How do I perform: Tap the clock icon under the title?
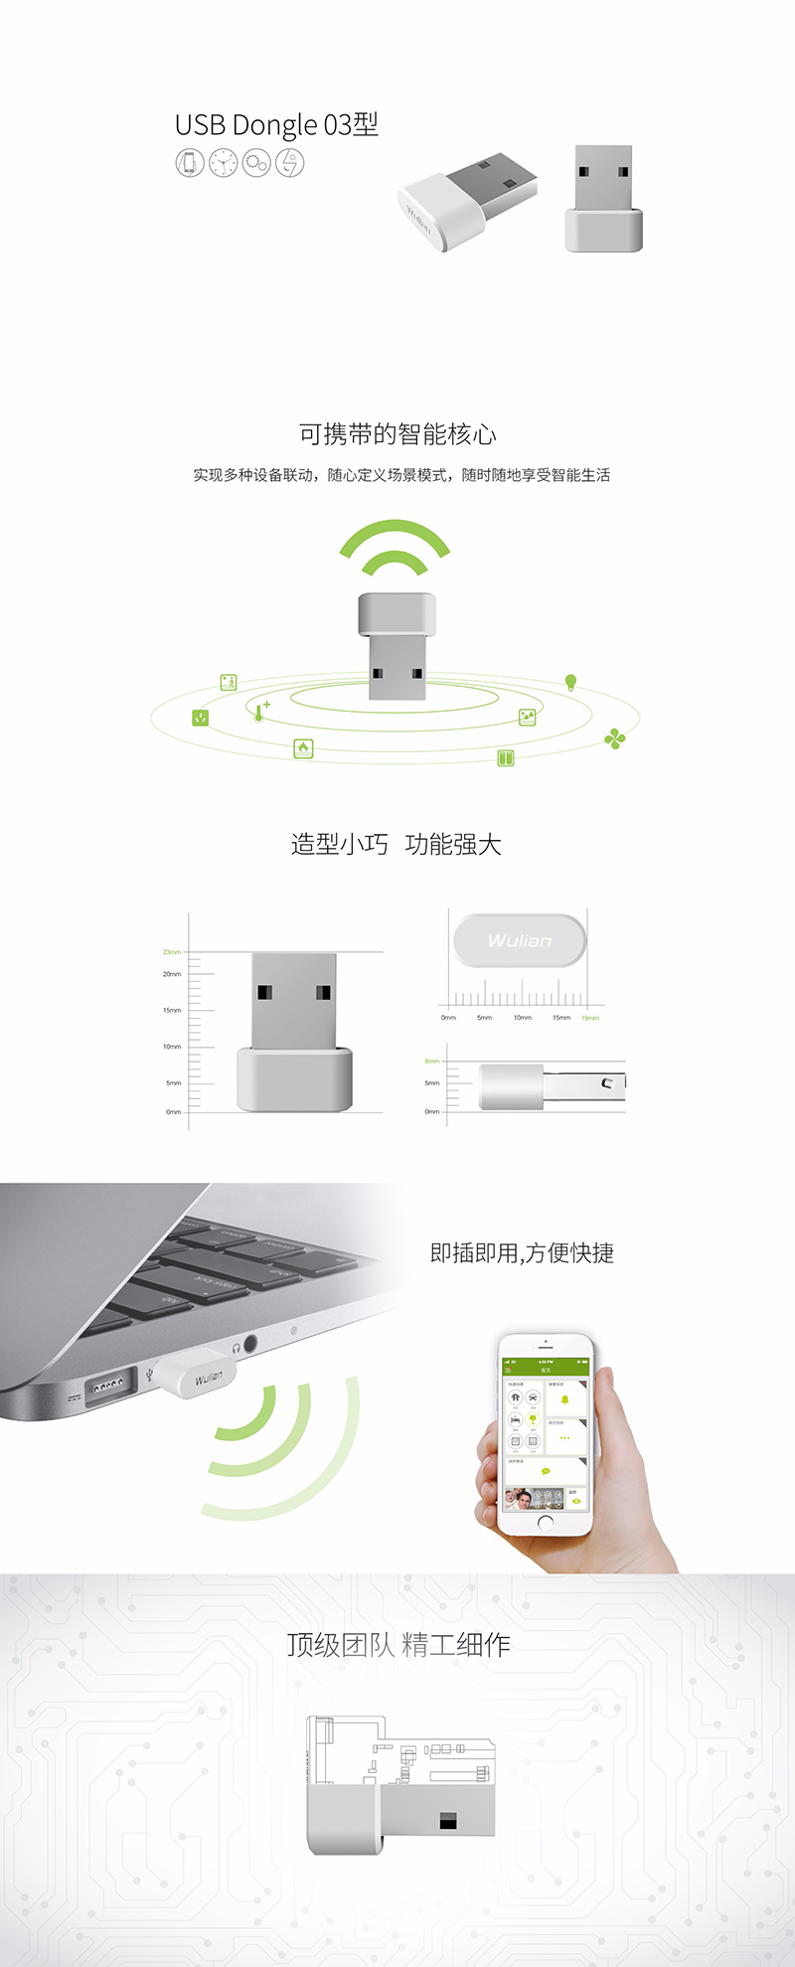[x=224, y=162]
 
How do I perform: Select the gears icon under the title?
[x=256, y=162]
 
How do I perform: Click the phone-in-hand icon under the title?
[x=190, y=162]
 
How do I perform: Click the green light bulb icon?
[x=570, y=682]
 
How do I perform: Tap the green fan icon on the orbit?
[x=615, y=738]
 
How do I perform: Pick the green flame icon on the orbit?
[x=303, y=748]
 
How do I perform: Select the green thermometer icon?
[x=259, y=712]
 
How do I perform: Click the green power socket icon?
[x=201, y=717]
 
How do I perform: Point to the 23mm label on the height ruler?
[x=172, y=952]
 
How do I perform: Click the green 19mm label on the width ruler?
[x=590, y=1018]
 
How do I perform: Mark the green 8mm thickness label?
[x=431, y=1061]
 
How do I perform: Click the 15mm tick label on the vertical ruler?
[x=172, y=1010]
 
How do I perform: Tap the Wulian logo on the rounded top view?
[x=520, y=940]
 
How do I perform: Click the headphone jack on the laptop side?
[x=249, y=1344]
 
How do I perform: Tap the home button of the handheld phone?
[x=545, y=1522]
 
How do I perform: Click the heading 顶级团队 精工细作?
[x=397, y=1645]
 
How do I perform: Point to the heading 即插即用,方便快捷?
[x=522, y=1253]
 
